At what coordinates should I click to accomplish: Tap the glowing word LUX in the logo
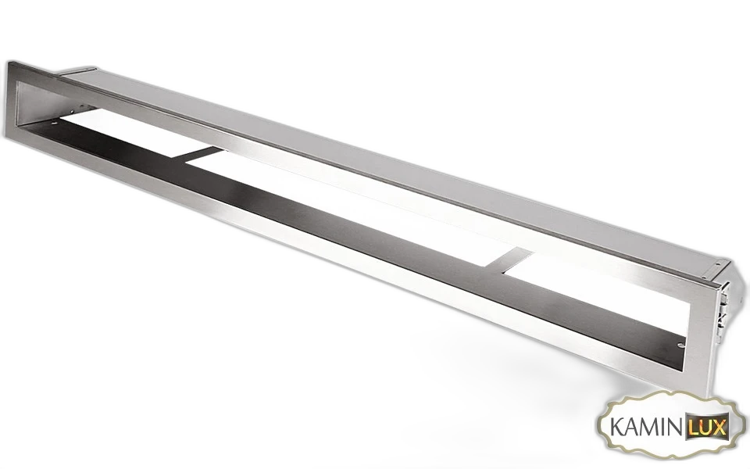point(708,426)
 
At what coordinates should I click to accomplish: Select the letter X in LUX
point(719,426)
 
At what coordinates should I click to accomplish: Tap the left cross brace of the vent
point(201,154)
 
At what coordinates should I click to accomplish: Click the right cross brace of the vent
point(510,261)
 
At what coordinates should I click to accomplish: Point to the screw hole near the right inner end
point(681,345)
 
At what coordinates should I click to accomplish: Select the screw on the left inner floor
point(54,123)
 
